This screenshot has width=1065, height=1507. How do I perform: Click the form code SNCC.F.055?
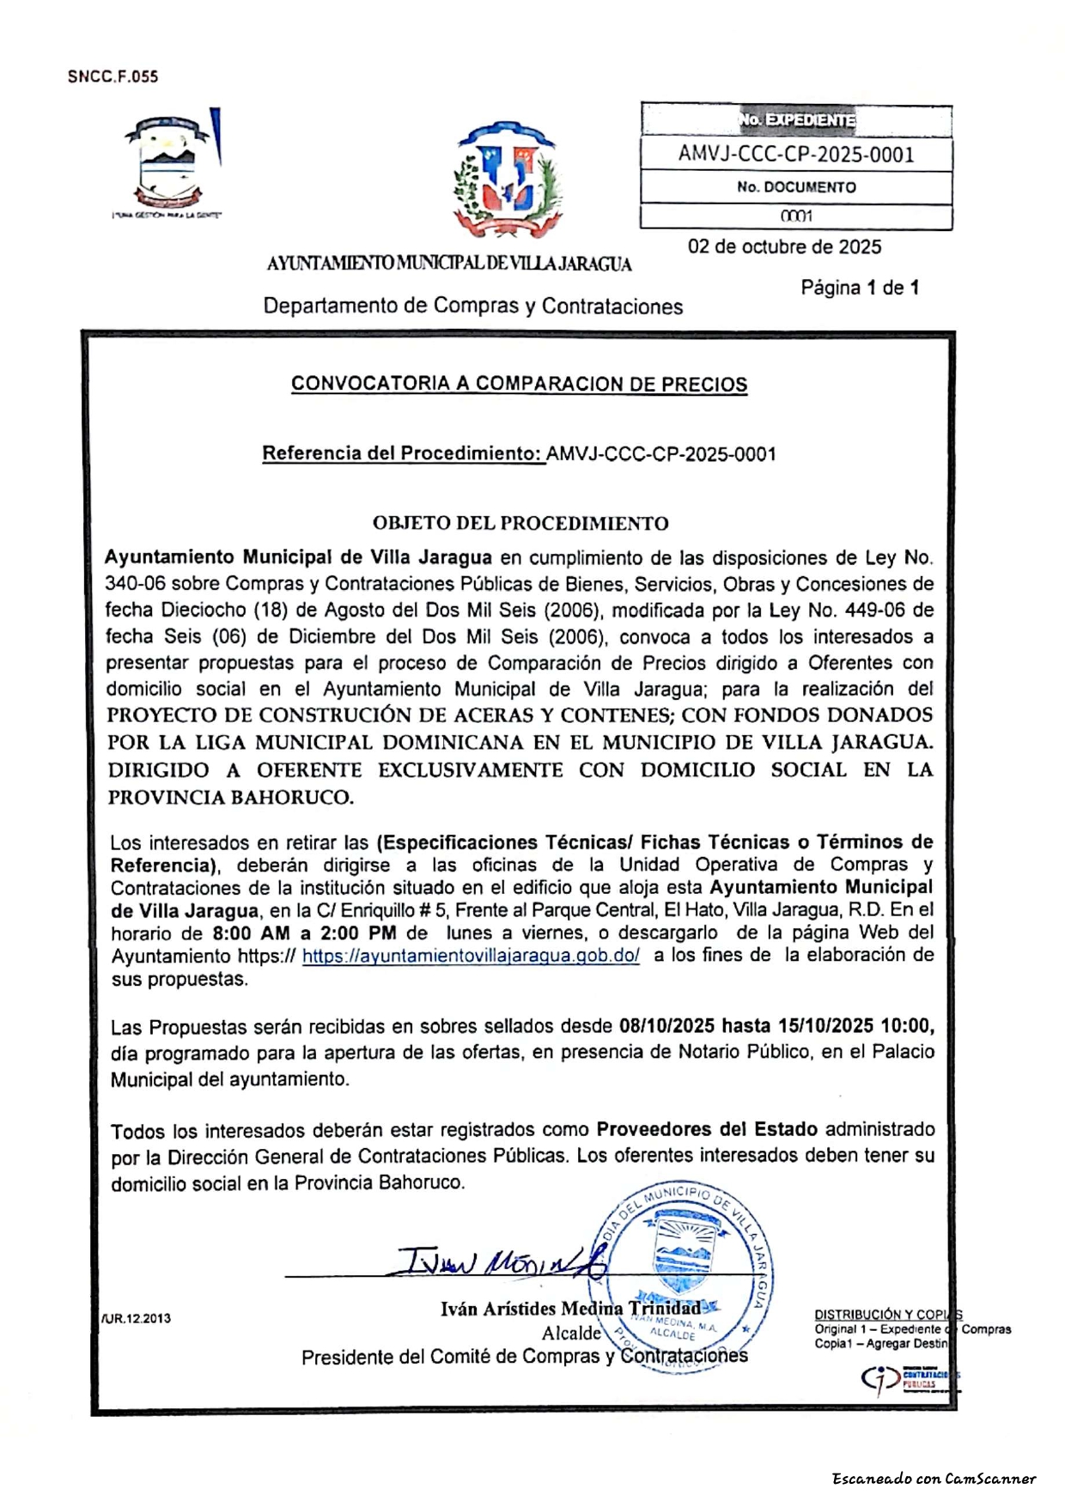click(113, 76)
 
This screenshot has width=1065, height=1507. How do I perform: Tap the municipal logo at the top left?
click(173, 161)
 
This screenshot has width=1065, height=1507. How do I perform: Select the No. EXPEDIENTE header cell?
click(795, 120)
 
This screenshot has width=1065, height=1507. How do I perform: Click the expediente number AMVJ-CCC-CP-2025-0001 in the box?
click(795, 155)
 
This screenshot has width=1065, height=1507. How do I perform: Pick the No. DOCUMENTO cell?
click(795, 187)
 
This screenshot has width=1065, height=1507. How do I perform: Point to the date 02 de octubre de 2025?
click(783, 247)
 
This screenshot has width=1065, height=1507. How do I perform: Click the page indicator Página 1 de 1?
click(859, 288)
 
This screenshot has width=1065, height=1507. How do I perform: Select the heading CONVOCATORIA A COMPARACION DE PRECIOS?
click(519, 384)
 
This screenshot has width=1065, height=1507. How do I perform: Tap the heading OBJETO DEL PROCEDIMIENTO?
click(520, 523)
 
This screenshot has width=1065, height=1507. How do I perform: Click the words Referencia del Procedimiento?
click(402, 453)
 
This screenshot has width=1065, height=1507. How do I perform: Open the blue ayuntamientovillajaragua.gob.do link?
click(471, 957)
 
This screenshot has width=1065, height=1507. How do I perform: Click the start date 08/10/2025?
click(666, 1026)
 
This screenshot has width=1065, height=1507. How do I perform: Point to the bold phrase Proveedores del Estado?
click(706, 1130)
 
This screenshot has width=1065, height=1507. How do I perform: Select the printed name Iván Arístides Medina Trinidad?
click(569, 1309)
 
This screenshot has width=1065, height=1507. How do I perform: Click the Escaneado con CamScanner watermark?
click(934, 1479)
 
